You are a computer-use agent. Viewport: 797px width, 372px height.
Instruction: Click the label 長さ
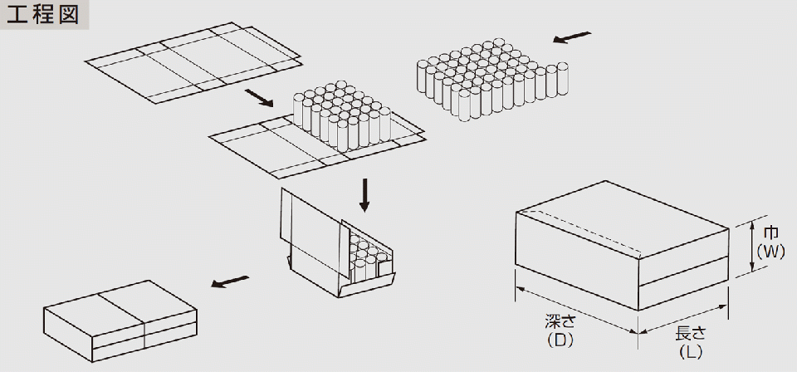pyautogui.click(x=691, y=334)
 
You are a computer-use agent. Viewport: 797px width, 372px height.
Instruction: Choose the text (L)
pyautogui.click(x=691, y=351)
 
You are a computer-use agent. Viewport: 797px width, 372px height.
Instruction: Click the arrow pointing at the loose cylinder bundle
pyautogui.click(x=573, y=37)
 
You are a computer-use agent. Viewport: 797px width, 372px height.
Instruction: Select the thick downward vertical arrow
pyautogui.click(x=364, y=193)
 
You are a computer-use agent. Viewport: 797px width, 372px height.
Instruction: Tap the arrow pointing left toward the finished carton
pyautogui.click(x=230, y=282)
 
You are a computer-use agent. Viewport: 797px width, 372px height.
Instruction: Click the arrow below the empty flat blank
pyautogui.click(x=260, y=99)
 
